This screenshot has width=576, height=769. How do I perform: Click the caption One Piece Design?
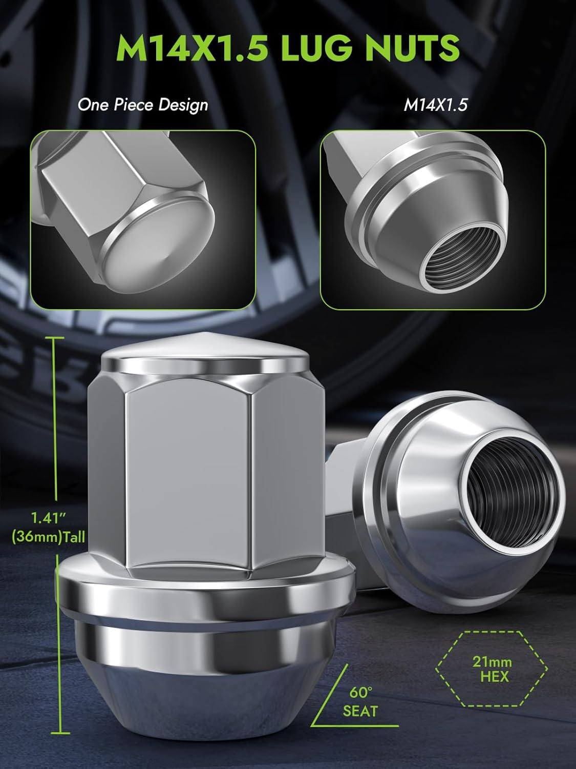pos(143,105)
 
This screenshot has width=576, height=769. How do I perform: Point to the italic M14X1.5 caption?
pos(436,105)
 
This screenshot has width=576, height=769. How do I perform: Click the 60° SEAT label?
pos(360,701)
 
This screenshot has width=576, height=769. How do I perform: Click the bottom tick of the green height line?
pos(61,734)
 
